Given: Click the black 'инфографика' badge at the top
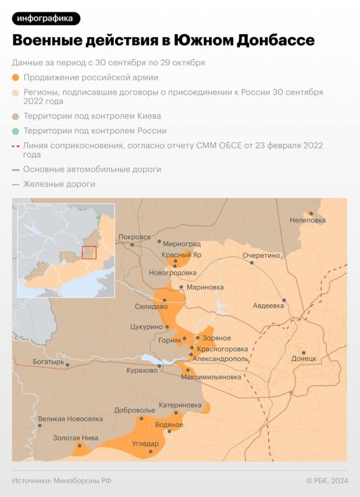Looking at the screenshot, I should point(46,18).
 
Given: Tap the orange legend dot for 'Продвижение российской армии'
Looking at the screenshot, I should point(16,78).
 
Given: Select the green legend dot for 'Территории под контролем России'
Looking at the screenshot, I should point(16,131).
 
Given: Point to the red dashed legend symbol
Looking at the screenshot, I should point(16,145).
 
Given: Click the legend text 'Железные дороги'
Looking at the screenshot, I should point(59,184).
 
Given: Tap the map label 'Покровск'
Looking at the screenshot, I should point(134,237).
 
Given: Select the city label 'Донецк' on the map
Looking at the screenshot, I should point(304,359).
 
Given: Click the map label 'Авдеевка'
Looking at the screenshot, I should point(269,306).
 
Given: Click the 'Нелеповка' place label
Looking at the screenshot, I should point(308,221).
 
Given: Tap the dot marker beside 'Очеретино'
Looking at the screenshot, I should point(252,262).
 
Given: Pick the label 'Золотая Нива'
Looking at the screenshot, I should point(75,438).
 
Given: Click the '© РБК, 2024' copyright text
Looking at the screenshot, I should point(327,480).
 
